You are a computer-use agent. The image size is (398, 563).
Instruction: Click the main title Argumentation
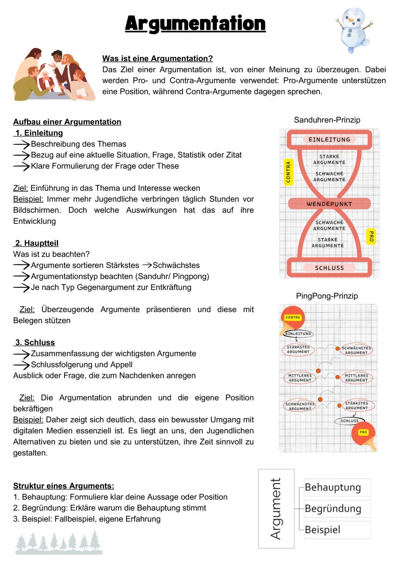point(195,24)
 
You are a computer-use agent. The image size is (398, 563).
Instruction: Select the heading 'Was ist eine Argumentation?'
point(157,58)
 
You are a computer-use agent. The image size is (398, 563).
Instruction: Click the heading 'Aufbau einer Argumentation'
point(67,122)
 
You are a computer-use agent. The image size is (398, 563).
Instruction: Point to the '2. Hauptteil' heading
point(36,243)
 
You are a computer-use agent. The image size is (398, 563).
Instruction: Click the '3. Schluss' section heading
point(35,342)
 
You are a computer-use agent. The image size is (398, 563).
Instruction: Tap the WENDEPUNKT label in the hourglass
point(329,204)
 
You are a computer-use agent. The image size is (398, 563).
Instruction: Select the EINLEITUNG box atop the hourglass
point(329,139)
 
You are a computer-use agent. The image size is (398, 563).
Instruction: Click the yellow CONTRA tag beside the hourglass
point(288,172)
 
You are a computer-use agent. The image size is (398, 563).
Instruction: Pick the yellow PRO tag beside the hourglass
point(371,236)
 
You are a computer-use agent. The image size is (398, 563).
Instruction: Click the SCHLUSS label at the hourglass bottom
point(329,268)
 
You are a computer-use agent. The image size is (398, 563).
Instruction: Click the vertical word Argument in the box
point(276,508)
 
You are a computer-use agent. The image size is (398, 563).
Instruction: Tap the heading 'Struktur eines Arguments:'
point(63,486)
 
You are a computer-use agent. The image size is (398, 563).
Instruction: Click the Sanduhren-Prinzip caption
point(327,120)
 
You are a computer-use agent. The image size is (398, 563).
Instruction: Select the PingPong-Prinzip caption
point(327,296)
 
